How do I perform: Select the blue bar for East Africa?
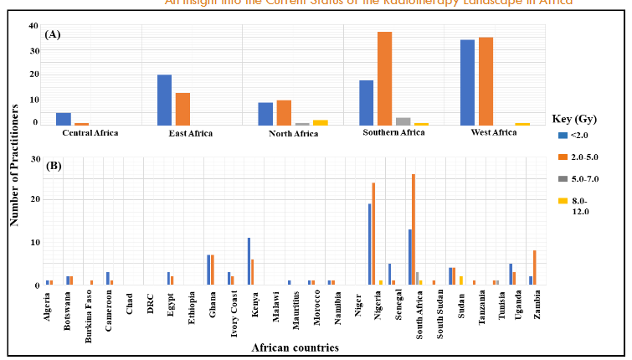(164, 100)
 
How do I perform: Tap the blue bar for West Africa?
(467, 82)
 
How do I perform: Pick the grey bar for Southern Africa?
(403, 121)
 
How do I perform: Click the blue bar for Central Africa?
(64, 119)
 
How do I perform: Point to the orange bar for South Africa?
(414, 229)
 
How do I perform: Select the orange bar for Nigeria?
(373, 234)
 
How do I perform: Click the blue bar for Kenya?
(249, 261)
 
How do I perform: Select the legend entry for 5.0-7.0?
(583, 178)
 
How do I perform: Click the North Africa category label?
(292, 133)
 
